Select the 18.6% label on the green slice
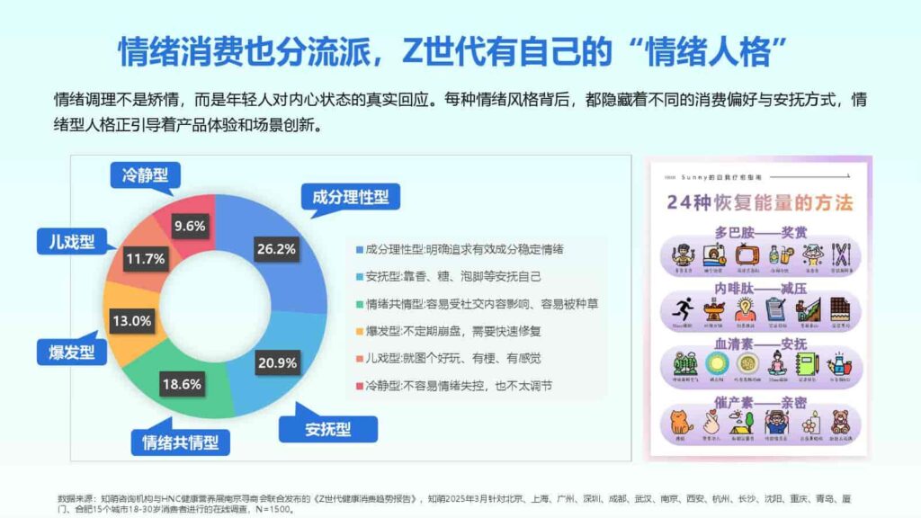(x=183, y=383)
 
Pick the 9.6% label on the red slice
(x=190, y=226)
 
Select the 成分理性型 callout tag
(x=350, y=196)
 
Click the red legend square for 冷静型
(x=360, y=386)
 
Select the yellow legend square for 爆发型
(x=360, y=331)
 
